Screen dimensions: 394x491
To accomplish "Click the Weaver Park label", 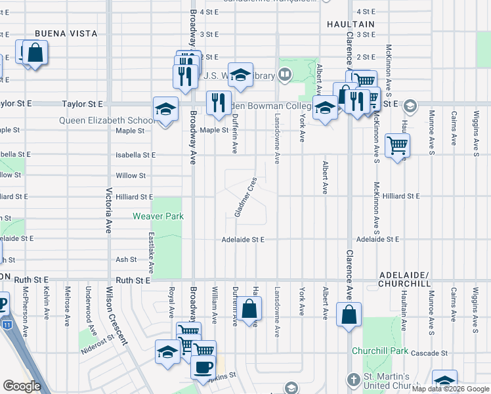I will click(x=158, y=216).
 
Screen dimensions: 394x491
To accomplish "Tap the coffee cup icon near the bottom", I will click(x=203, y=366).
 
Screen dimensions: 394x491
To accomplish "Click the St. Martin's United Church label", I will click(x=397, y=383).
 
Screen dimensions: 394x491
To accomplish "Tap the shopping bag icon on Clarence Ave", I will click(x=348, y=313).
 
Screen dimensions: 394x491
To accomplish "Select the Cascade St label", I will click(x=432, y=353).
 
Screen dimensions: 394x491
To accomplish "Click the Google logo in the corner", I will click(x=22, y=386).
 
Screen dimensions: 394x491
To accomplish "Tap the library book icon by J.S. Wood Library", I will click(x=284, y=76).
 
